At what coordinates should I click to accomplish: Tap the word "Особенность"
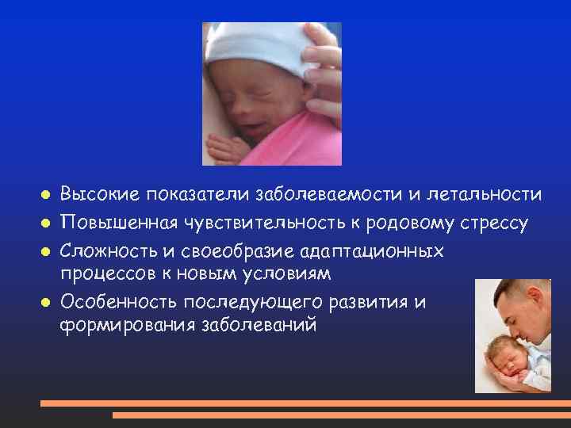118,302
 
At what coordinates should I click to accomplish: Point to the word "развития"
370,302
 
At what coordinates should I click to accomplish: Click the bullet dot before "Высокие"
46,194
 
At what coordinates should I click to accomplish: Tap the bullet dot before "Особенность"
46,302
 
